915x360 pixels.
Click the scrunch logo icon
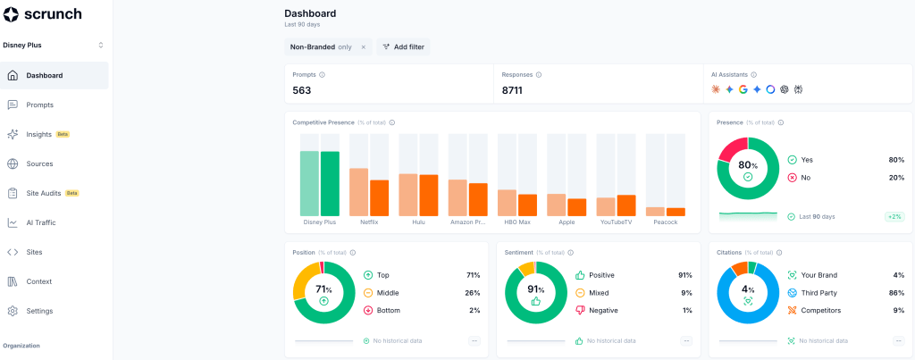pyautogui.click(x=11, y=14)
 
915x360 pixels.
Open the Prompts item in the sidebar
pyautogui.click(x=39, y=105)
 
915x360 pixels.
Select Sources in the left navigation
pyautogui.click(x=39, y=164)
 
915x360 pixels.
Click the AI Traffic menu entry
pyautogui.click(x=41, y=223)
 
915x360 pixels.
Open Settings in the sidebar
pyautogui.click(x=39, y=311)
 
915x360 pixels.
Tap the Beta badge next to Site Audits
pyautogui.click(x=71, y=193)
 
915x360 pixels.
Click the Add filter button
pyautogui.click(x=403, y=46)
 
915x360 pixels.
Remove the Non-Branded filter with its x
pyautogui.click(x=363, y=47)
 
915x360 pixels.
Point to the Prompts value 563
pyautogui.click(x=302, y=90)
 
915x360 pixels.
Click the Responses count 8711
pyautogui.click(x=512, y=90)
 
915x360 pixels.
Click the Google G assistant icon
pyautogui.click(x=743, y=89)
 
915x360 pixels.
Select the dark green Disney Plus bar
pyautogui.click(x=331, y=184)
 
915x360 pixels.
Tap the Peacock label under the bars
pyautogui.click(x=665, y=222)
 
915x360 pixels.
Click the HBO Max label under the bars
pyautogui.click(x=517, y=222)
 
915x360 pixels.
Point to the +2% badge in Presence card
pyautogui.click(x=894, y=216)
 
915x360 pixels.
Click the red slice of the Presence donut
pyautogui.click(x=732, y=149)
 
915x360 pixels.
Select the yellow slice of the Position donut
pyautogui.click(x=305, y=280)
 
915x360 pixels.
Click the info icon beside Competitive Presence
pyautogui.click(x=392, y=122)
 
